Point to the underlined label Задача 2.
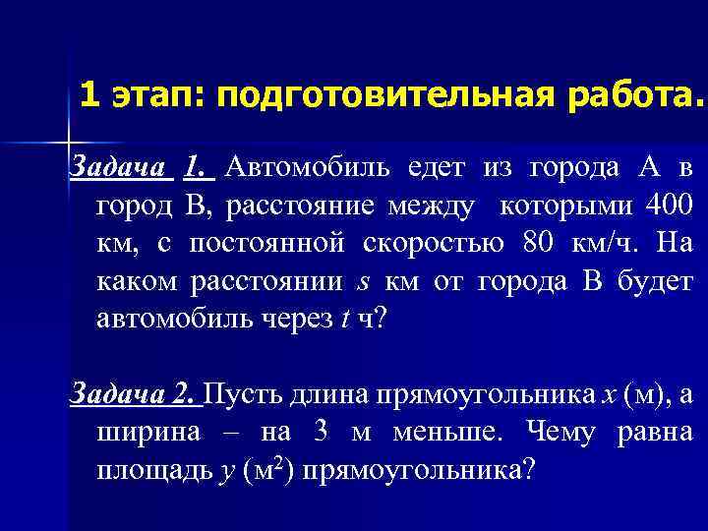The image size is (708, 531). (x=134, y=394)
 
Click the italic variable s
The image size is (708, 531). (x=362, y=282)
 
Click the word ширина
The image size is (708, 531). (x=147, y=432)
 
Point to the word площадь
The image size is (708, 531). (x=150, y=470)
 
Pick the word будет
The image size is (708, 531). (x=657, y=281)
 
